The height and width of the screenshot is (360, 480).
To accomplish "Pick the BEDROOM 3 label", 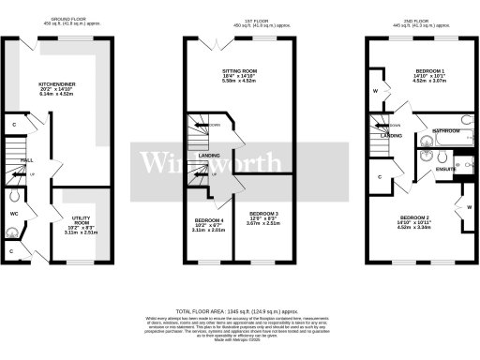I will (262, 218).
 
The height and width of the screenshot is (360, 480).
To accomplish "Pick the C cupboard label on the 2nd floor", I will (380, 176).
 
